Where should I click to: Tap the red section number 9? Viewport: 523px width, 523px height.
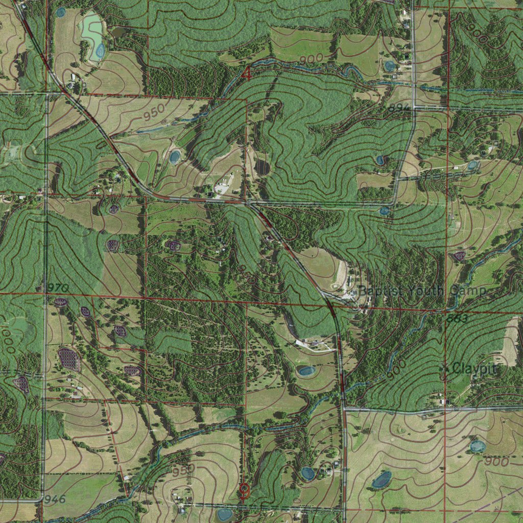tap(244, 491)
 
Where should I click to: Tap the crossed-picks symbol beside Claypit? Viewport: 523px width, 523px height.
tap(445, 367)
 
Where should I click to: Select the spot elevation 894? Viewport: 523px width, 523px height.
tap(399, 107)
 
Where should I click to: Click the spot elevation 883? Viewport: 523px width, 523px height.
tap(457, 319)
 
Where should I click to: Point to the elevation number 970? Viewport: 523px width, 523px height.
tap(57, 288)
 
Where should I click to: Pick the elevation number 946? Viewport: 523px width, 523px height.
tap(55, 498)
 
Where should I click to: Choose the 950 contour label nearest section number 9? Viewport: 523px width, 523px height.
tap(183, 469)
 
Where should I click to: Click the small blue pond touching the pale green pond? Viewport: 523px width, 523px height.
tap(100, 50)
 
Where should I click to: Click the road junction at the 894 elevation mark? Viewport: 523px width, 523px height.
tap(413, 107)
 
